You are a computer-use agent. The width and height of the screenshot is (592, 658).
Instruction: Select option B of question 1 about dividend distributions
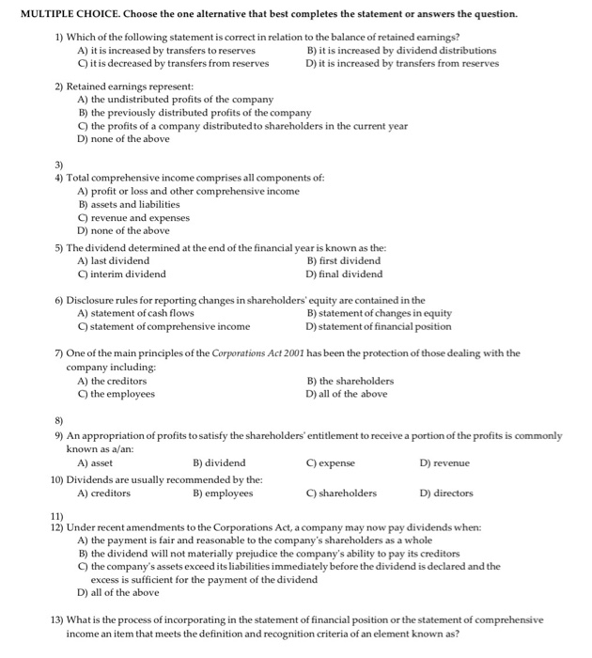point(401,51)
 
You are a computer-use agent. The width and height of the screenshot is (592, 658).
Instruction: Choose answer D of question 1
point(401,63)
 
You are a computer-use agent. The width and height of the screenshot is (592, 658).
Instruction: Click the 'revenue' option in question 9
point(444,462)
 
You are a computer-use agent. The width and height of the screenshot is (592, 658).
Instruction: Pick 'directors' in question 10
point(446,493)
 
